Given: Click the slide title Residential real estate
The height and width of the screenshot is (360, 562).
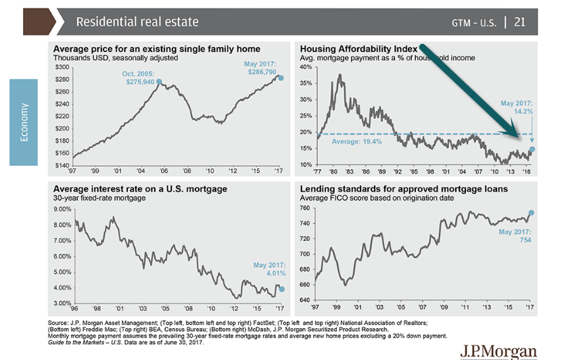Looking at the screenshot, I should click(137, 22).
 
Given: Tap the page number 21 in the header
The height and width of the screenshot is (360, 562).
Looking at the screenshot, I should click(520, 22).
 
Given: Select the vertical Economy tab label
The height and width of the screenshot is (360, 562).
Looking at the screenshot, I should click(24, 122).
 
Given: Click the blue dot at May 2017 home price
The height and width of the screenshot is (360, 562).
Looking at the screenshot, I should click(281, 78).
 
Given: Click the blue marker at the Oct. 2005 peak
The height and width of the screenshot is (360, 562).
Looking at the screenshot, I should click(159, 82).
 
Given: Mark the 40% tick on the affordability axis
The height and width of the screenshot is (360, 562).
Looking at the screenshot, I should click(306, 67).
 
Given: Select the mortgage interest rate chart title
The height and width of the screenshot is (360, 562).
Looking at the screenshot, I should click(139, 188).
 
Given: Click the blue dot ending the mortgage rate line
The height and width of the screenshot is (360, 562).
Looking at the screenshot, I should click(281, 288).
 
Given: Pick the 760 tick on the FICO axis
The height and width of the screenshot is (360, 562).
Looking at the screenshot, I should click(307, 209).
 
